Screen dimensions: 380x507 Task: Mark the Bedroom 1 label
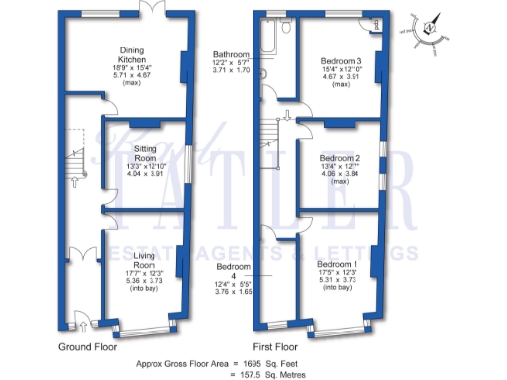click(337, 265)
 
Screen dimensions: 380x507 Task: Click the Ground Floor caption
click(88, 347)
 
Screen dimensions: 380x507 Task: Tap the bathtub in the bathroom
click(266, 39)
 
